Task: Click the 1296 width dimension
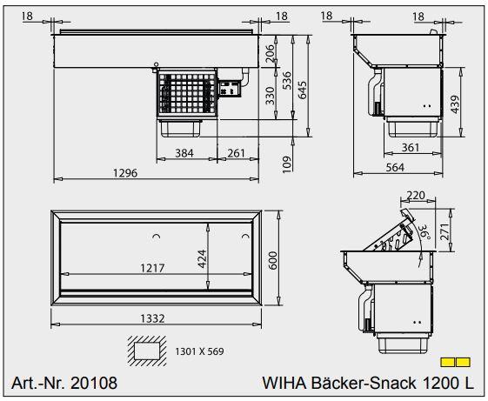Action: coord(125,173)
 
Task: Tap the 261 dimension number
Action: coord(236,153)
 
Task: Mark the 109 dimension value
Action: coord(286,162)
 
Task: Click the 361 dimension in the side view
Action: coord(411,147)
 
